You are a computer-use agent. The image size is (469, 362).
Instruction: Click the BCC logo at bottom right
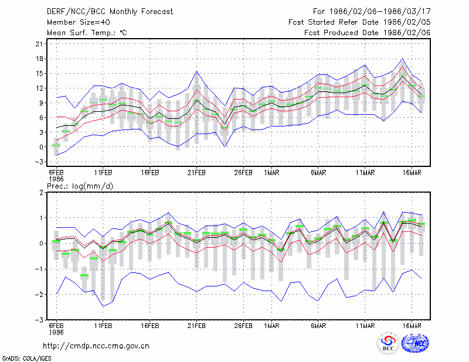[x=388, y=343]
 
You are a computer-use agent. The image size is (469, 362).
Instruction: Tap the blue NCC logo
[x=415, y=343]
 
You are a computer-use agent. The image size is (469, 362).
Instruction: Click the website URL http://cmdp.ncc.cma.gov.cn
[x=96, y=346]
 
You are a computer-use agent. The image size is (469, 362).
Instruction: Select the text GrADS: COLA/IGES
[x=26, y=358]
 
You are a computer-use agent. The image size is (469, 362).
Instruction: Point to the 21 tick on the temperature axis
[x=39, y=44]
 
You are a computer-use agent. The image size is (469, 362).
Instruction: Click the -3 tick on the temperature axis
[x=39, y=162]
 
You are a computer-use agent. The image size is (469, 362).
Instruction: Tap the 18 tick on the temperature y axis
[x=39, y=59]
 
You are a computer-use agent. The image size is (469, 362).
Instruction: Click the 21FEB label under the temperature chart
[x=196, y=173]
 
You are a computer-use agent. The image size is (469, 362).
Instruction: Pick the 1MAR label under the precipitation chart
[x=271, y=326]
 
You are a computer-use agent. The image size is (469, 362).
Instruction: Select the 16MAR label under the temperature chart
[x=412, y=173]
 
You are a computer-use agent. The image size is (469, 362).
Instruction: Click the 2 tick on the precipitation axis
[x=41, y=192]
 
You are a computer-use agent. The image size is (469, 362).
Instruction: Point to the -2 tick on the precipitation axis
[x=39, y=295]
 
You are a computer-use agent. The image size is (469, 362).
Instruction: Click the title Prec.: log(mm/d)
[x=80, y=186]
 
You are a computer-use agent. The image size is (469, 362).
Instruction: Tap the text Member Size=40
[x=79, y=22]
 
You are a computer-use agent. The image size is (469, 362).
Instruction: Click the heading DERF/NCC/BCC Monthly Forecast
[x=110, y=12]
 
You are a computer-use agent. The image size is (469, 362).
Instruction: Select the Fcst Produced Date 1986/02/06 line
[x=368, y=33]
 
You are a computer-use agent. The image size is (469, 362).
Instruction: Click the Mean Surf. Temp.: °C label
[x=87, y=33]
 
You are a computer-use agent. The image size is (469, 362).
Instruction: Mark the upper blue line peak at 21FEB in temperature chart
[x=196, y=71]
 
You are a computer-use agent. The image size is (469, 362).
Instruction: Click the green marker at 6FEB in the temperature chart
[x=56, y=145]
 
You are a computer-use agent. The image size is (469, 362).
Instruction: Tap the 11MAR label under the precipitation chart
[x=365, y=326]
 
